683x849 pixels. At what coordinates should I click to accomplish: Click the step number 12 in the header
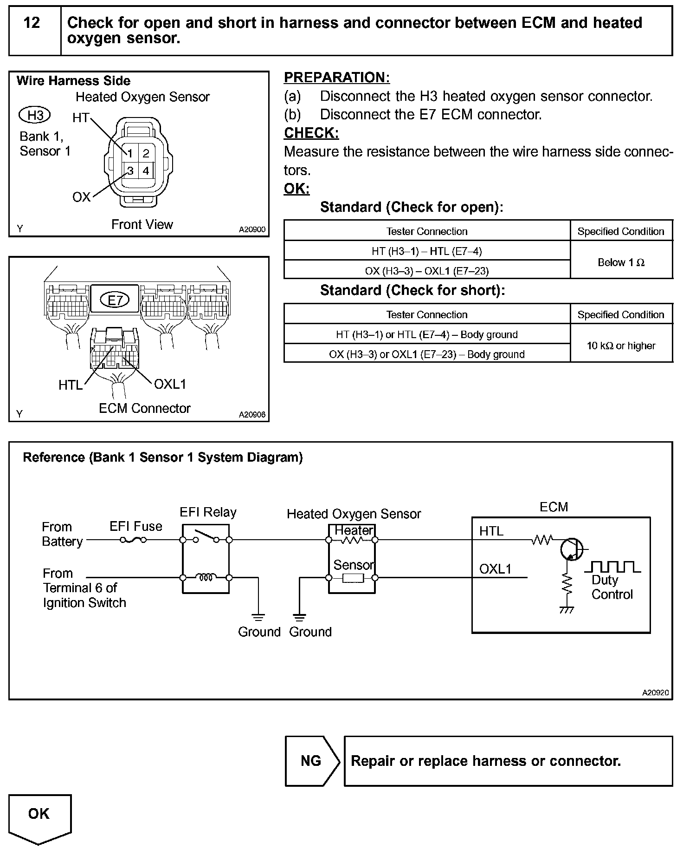(32, 23)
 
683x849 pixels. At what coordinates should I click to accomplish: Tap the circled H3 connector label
(35, 115)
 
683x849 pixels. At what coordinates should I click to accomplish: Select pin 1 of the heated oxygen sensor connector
(130, 154)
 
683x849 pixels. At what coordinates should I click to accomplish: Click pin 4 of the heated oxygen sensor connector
(146, 171)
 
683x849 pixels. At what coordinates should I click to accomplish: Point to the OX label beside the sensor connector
(81, 197)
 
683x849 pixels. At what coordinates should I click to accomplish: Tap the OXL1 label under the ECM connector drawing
(170, 385)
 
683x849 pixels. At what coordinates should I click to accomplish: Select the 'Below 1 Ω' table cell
(621, 263)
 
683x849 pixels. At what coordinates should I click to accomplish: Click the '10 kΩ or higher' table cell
(621, 346)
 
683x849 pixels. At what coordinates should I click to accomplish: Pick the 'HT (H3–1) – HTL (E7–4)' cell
(426, 251)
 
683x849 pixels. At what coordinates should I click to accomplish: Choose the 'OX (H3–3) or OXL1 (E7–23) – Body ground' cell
(426, 354)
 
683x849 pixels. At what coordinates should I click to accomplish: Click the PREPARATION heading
(336, 78)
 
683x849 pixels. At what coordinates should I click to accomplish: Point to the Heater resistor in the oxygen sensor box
(352, 540)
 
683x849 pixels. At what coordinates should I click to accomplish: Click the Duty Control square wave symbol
(612, 567)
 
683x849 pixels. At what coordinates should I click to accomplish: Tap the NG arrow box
(311, 761)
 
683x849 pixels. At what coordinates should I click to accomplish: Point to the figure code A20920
(655, 692)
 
